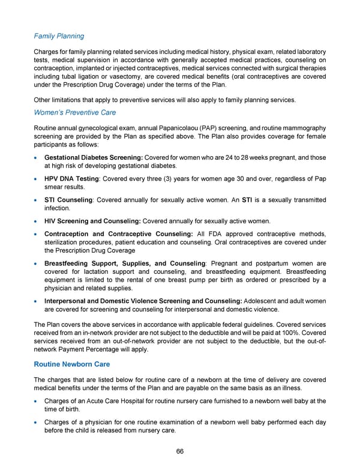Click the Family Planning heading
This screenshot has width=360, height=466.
tap(58, 36)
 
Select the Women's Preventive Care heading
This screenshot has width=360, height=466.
tap(75, 112)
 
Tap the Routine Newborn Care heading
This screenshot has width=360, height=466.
tap(73, 364)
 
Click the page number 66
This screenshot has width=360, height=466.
tap(179, 451)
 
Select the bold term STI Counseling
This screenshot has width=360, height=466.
tap(68, 199)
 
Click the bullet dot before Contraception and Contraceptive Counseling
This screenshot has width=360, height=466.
tap(38, 234)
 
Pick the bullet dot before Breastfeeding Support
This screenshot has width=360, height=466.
tap(38, 263)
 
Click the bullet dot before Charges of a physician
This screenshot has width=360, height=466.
tap(38, 422)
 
